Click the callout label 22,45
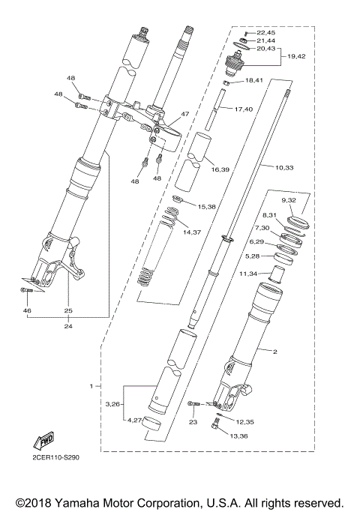click(266, 32)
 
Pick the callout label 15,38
click(206, 205)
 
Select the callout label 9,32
click(289, 201)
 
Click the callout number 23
click(192, 422)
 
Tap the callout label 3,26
click(114, 404)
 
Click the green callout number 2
click(274, 351)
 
